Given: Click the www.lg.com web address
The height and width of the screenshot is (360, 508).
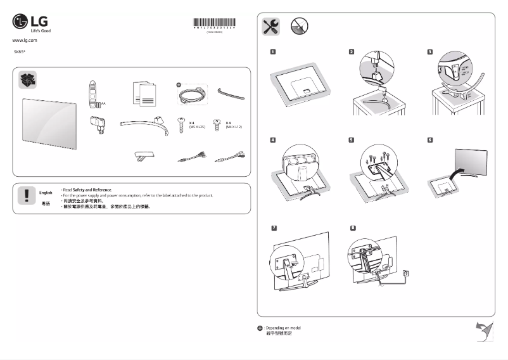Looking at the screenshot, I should [25, 40].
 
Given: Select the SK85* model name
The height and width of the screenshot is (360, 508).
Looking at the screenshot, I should [20, 50].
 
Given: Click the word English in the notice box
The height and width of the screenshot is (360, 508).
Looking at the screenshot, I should [46, 191].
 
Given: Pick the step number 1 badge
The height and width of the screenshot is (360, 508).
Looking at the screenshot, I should [272, 51].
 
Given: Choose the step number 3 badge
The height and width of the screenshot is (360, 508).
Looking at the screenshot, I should [430, 51].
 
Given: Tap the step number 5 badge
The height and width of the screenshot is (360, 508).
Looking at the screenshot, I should [352, 139].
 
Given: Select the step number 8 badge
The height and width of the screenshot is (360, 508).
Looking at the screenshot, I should [352, 226].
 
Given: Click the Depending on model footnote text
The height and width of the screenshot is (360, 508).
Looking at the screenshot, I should [283, 328].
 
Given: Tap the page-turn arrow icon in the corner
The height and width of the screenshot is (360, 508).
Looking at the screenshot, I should [484, 331].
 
